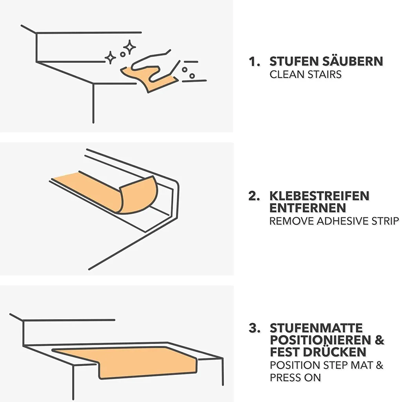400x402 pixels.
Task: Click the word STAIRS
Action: point(324,74)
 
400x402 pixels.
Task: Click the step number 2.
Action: point(254,196)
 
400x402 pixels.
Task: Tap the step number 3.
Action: point(254,328)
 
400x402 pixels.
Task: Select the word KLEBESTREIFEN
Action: point(319,196)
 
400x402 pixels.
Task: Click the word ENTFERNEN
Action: point(307,208)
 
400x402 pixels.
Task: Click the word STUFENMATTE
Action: point(316,328)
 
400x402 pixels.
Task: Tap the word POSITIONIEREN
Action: point(320,340)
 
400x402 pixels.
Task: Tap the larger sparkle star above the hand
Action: point(129,47)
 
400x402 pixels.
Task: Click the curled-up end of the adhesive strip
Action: point(138,195)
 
